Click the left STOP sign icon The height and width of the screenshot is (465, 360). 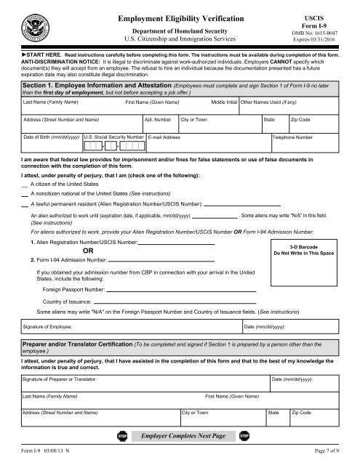121,436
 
